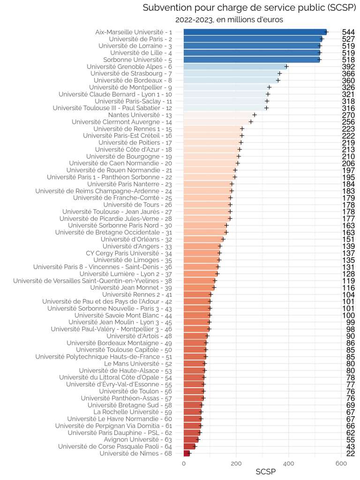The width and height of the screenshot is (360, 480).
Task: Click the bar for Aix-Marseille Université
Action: (x=255, y=32)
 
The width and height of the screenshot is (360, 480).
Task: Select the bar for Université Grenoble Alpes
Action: (x=235, y=67)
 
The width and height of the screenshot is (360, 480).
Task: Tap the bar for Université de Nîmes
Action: (x=187, y=453)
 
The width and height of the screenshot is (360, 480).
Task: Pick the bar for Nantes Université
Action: (x=219, y=115)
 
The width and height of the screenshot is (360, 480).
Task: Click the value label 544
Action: (x=348, y=32)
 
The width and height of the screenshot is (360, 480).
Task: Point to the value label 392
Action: (x=348, y=67)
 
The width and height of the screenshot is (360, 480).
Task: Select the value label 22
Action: (x=351, y=453)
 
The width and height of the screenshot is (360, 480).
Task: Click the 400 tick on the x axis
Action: (x=289, y=464)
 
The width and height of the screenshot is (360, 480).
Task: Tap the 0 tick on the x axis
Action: (x=184, y=464)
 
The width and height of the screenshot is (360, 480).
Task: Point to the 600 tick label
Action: (x=341, y=464)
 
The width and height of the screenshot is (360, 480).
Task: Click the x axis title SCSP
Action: (x=266, y=472)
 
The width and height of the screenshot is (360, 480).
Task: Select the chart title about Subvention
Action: (x=249, y=7)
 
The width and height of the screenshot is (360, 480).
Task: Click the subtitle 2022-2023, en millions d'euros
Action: (x=229, y=20)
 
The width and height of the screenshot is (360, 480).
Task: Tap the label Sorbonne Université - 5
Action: (x=137, y=60)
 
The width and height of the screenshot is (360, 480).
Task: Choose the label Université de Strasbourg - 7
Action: (x=131, y=74)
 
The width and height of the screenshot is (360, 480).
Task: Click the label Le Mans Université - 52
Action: (x=138, y=364)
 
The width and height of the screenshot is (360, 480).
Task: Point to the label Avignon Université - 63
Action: (x=138, y=440)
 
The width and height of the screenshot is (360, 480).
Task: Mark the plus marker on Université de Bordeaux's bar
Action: (x=278, y=81)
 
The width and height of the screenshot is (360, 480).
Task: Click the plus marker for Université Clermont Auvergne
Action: (x=251, y=122)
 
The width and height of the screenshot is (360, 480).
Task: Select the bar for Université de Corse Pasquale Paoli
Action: (x=189, y=447)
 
